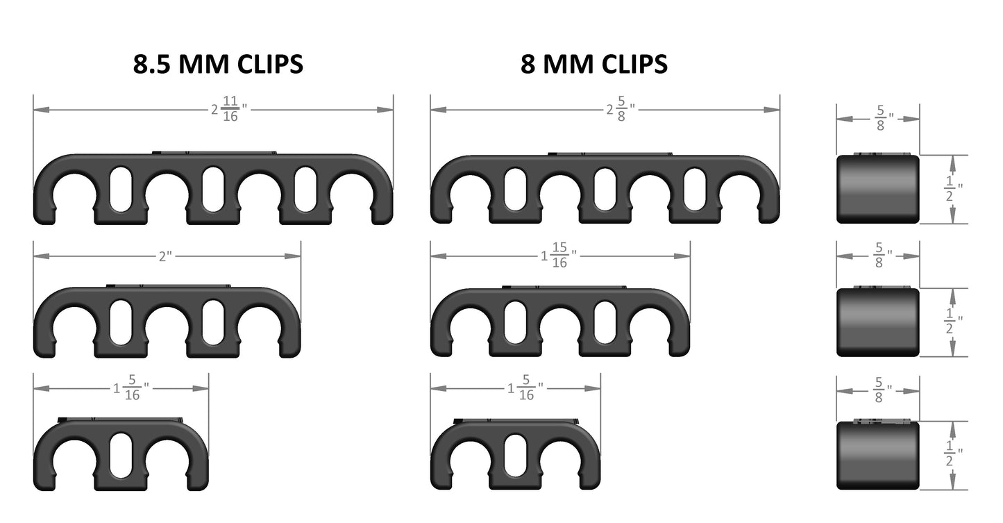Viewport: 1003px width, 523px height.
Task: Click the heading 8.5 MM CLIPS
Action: coord(218,64)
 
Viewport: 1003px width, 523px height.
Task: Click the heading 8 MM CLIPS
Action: coord(593,64)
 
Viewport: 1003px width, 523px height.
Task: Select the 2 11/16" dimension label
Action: coord(229,109)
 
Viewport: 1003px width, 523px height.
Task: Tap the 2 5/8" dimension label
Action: coord(621,109)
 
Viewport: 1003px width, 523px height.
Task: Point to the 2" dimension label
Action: coord(165,256)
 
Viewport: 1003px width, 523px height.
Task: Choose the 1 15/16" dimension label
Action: coord(558,256)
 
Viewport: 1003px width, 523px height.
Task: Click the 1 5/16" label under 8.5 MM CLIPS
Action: coord(130,388)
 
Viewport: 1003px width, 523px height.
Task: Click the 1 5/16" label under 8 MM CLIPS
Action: coord(525,388)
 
